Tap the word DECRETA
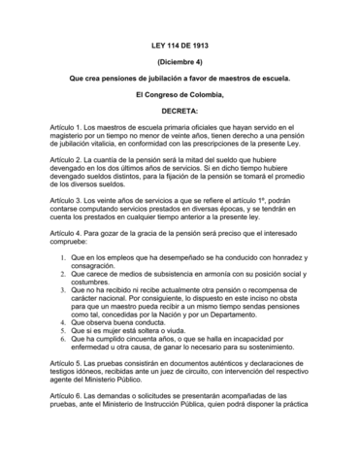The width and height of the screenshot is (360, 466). [x=180, y=112]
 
